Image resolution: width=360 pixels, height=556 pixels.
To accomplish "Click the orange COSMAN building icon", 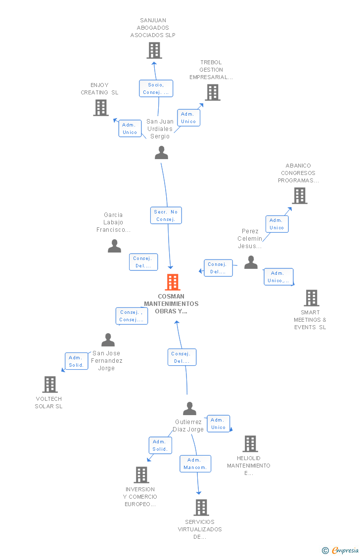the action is [x=173, y=282].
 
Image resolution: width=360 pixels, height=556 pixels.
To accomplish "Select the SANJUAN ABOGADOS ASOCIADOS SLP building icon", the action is [x=154, y=50].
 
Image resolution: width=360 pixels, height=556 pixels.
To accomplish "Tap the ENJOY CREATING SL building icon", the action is [x=101, y=108].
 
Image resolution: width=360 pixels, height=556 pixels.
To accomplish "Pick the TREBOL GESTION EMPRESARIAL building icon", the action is [x=213, y=92].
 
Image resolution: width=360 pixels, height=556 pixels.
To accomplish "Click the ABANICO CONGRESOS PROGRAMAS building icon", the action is [x=300, y=196].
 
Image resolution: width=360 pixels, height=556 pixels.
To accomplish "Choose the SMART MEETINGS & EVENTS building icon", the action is [x=312, y=298].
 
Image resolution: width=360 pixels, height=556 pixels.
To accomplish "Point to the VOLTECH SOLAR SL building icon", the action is [x=49, y=385].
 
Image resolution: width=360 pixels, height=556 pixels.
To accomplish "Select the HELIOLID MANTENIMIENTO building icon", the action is [x=250, y=444].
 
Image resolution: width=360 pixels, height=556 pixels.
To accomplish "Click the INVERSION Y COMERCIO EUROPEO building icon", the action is [x=141, y=475].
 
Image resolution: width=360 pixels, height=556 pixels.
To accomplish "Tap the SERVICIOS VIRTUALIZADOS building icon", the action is [x=201, y=508].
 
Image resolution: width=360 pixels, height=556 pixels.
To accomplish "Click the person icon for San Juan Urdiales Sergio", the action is [x=161, y=153].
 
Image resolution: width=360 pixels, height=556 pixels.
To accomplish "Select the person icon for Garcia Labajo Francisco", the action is [x=115, y=246].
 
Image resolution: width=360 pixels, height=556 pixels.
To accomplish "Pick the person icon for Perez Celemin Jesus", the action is [x=251, y=262].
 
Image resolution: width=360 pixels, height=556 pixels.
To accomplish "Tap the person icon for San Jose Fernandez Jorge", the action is [x=108, y=340].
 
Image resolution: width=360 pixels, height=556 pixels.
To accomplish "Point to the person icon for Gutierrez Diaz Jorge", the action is [x=190, y=409].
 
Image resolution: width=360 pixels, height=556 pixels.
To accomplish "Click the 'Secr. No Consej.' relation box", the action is [x=166, y=215].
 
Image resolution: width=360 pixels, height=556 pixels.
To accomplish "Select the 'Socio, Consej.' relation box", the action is [x=156, y=88].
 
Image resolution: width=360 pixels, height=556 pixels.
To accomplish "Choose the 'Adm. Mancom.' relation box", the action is [x=195, y=464].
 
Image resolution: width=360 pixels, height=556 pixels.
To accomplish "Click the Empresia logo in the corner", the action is [x=341, y=551].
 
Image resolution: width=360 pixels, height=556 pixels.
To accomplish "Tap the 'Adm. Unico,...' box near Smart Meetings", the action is [x=278, y=277].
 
